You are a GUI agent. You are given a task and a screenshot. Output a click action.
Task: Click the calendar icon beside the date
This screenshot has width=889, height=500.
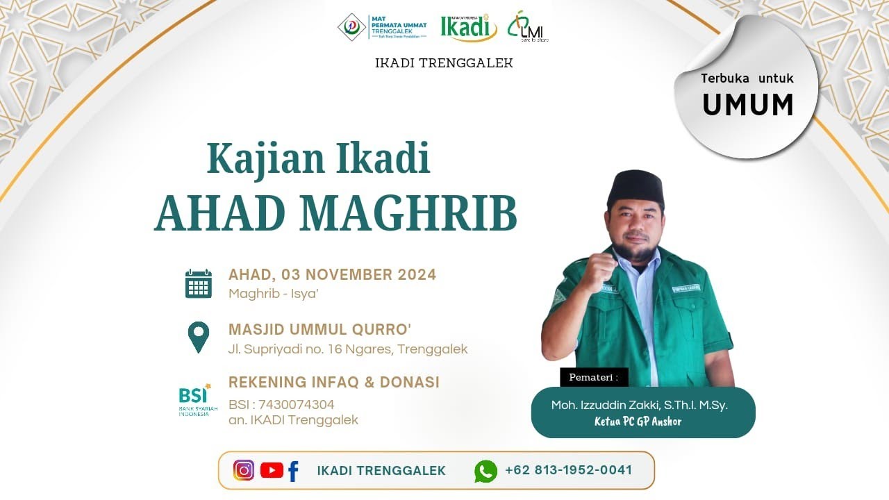199,284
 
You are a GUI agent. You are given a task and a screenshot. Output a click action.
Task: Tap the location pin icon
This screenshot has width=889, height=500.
199,337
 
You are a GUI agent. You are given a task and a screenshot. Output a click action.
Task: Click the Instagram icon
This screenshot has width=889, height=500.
244,470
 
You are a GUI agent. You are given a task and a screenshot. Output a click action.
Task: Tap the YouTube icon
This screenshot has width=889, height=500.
272,470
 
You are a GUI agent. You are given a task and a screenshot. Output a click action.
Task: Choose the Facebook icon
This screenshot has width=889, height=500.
293,471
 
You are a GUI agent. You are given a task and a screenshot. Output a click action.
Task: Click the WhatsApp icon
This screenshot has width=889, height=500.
485,471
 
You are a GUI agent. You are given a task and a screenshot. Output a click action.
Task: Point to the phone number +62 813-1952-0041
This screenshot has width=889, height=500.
569,470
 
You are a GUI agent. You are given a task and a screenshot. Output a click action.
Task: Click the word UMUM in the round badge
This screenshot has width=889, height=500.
748,105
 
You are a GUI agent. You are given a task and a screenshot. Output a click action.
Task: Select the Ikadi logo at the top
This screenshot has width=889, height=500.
469,27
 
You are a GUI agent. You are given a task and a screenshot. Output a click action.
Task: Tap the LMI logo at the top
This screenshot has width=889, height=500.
527,28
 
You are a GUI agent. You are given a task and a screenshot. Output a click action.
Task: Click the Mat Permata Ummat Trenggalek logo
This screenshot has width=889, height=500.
383,27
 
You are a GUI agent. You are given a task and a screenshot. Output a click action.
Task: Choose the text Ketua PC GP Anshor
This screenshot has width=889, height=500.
638,422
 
